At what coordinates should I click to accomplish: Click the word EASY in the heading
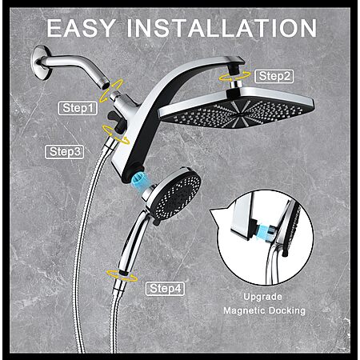coord(81,28)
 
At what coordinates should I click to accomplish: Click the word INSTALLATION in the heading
coord(222,28)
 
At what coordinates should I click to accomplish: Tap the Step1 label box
coord(78,108)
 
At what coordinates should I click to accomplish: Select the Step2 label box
coord(274,76)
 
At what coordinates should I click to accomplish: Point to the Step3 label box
coord(65,152)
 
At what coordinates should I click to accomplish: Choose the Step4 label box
coord(165,289)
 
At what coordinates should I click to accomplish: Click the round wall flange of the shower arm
coord(41,62)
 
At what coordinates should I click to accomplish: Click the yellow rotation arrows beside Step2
coord(234,77)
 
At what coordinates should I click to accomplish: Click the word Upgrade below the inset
coord(262,297)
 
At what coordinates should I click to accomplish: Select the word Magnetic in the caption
coord(244,310)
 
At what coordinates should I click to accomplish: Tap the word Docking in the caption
coord(286,311)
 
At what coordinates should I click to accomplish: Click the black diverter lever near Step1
coord(115,118)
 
